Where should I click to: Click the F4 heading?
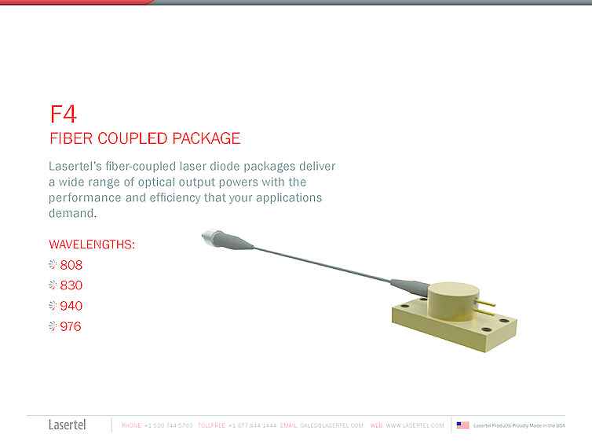[x=64, y=114]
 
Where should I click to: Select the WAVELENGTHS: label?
[x=92, y=245]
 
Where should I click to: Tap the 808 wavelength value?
[x=71, y=265]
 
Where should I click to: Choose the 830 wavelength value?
[x=71, y=285]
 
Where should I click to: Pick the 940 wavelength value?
[x=71, y=306]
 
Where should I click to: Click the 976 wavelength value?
[x=71, y=326]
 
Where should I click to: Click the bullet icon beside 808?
[x=53, y=265]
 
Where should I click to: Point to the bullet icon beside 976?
[x=53, y=326]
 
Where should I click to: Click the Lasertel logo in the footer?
[x=68, y=425]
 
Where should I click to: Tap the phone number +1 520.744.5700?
[x=168, y=425]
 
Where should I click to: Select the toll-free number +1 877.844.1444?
[x=252, y=425]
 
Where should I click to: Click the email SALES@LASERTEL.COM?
[x=331, y=425]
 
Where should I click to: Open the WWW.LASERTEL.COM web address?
[x=415, y=425]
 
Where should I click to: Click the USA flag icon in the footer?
[x=462, y=425]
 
